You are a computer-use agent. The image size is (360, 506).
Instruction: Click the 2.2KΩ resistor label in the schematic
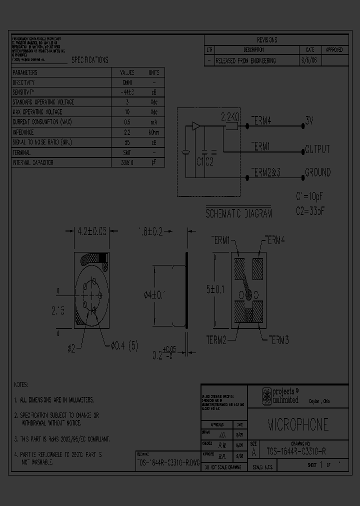click(231, 116)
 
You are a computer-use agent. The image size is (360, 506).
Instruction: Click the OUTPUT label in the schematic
click(317, 149)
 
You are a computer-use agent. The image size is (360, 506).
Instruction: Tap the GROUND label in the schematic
click(317, 172)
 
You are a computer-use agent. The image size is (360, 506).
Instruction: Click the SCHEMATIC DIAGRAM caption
click(238, 213)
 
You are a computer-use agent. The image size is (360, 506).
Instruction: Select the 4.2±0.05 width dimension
click(92, 231)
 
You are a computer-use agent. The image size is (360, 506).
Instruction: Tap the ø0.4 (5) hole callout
click(121, 345)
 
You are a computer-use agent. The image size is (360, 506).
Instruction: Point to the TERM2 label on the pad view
click(216, 340)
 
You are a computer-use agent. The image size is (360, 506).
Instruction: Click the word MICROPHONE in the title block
click(298, 424)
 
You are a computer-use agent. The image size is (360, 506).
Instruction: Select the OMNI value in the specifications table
click(127, 82)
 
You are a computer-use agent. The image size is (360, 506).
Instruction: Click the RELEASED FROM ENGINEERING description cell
click(245, 60)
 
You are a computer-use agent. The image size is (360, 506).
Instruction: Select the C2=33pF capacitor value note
click(310, 210)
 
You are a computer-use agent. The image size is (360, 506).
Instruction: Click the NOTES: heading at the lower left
click(20, 385)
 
